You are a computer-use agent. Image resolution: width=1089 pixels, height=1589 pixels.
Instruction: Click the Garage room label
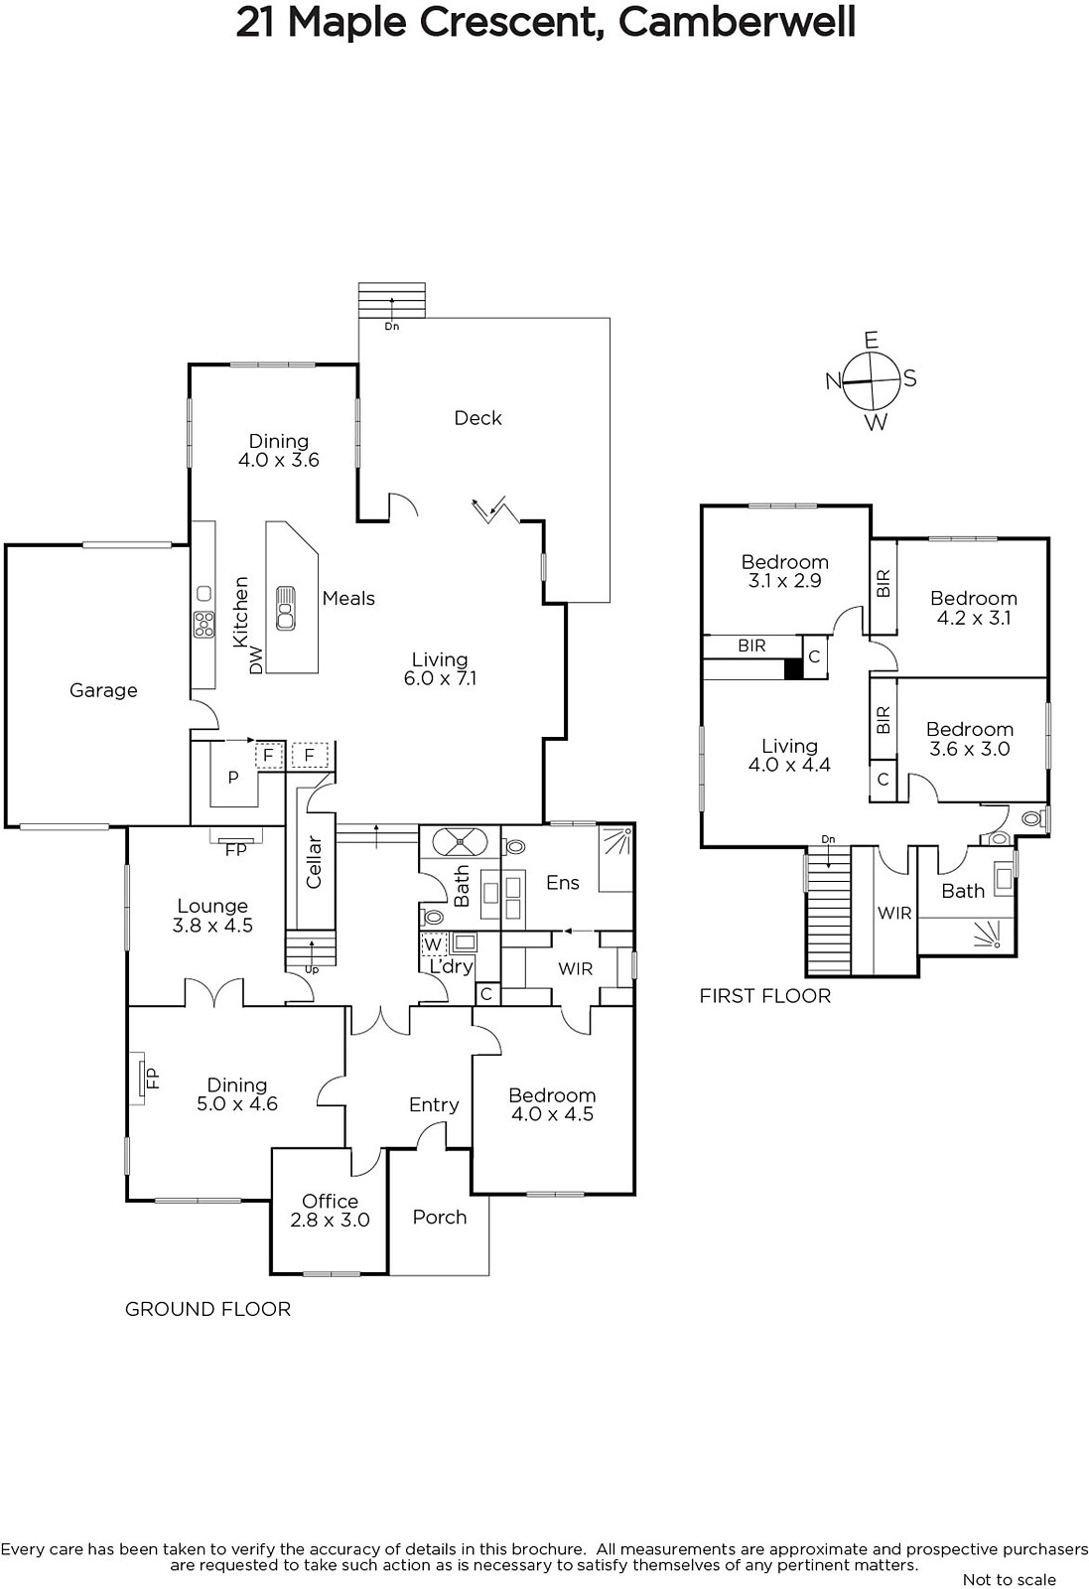[103, 690]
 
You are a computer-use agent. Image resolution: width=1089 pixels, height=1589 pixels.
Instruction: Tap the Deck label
[477, 418]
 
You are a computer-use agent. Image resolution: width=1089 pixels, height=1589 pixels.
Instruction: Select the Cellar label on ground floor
[314, 862]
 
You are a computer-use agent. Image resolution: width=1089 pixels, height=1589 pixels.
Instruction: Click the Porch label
[440, 1218]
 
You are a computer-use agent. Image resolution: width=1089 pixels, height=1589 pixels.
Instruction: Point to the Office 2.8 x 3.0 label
[331, 1211]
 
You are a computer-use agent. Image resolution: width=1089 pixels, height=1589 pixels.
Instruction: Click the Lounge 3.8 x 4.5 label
[212, 915]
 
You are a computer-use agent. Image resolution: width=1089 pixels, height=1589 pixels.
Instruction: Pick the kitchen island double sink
[286, 608]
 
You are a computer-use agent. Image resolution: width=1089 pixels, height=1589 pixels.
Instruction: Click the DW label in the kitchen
[256, 659]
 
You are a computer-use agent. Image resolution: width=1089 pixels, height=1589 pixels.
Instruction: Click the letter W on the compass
[877, 423]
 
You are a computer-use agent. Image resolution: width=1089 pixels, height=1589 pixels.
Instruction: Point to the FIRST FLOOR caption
[765, 996]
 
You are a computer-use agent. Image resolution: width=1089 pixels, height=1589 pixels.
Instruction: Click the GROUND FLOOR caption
[207, 1309]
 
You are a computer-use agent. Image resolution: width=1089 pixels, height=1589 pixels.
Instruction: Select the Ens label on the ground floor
[563, 883]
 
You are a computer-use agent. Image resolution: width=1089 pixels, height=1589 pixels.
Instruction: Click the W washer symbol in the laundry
[433, 944]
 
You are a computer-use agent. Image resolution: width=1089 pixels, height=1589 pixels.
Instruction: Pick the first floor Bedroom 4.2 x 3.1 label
[974, 608]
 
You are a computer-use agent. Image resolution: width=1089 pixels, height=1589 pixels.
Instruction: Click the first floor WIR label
[894, 913]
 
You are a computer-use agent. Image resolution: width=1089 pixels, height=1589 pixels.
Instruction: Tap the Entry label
[434, 1104]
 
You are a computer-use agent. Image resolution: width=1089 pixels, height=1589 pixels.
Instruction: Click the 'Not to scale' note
[1010, 1579]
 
